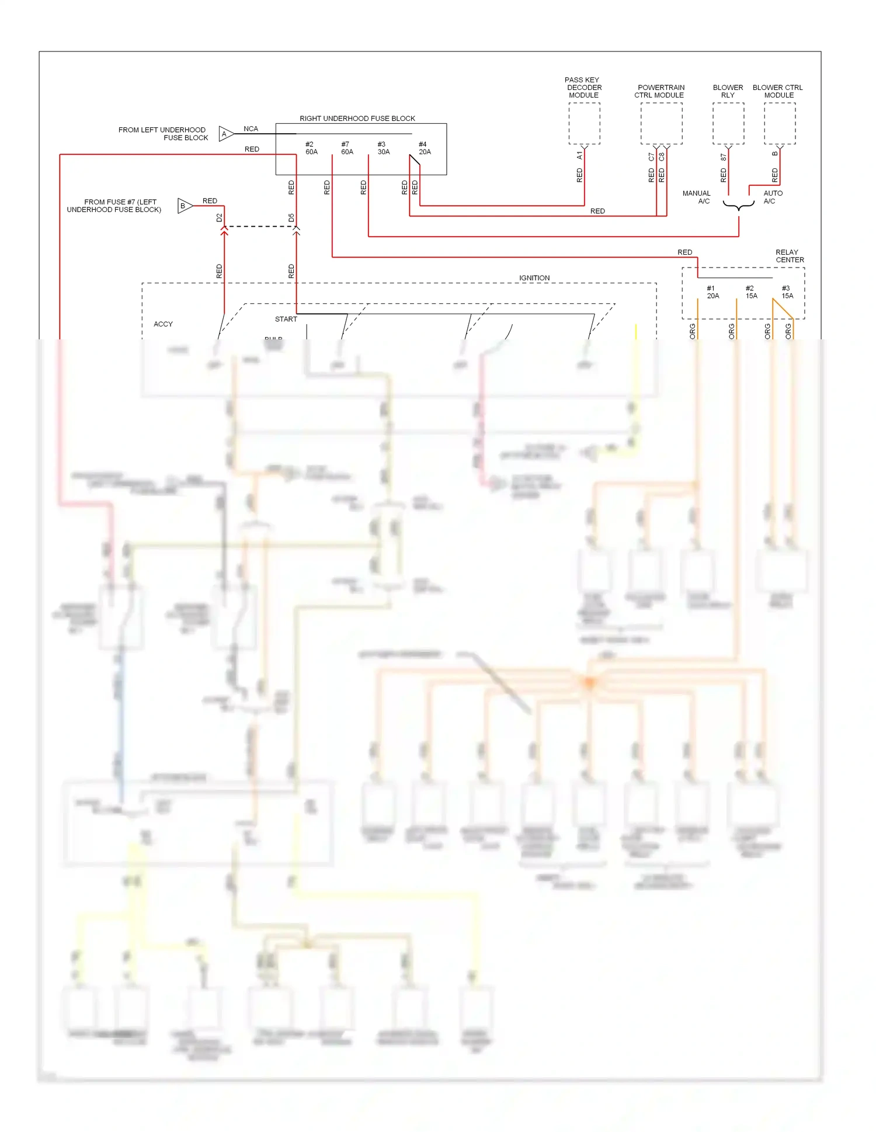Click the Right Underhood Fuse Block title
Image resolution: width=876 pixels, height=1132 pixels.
pyautogui.click(x=357, y=119)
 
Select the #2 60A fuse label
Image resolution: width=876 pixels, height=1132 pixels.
pyautogui.click(x=311, y=148)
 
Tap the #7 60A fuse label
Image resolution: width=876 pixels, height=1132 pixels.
pyautogui.click(x=347, y=148)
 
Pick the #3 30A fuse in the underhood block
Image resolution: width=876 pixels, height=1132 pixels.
pyautogui.click(x=383, y=148)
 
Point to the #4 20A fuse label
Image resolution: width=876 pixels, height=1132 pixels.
pyautogui.click(x=425, y=148)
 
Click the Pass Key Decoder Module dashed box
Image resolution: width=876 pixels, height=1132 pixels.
pyautogui.click(x=584, y=124)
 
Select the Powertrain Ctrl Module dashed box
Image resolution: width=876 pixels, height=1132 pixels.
pyautogui.click(x=661, y=124)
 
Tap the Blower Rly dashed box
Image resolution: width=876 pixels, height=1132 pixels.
pyautogui.click(x=728, y=124)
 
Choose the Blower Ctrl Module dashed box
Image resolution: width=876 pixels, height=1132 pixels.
pyautogui.click(x=780, y=124)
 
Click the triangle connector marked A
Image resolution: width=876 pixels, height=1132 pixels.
pyautogui.click(x=225, y=134)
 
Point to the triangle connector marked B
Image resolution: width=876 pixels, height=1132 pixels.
pyautogui.click(x=185, y=206)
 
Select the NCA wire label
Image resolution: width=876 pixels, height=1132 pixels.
pyautogui.click(x=251, y=129)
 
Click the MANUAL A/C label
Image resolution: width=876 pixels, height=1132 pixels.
pyautogui.click(x=697, y=197)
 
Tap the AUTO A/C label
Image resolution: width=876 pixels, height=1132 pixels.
pyautogui.click(x=773, y=197)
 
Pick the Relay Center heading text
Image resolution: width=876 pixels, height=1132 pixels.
pyautogui.click(x=789, y=256)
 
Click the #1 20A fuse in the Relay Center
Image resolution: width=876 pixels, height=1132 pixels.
pyautogui.click(x=712, y=292)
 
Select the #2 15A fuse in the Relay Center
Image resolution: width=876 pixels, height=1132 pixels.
pyautogui.click(x=751, y=292)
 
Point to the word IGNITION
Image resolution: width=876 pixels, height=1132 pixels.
pyautogui.click(x=534, y=278)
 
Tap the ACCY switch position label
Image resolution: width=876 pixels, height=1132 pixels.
pyautogui.click(x=163, y=324)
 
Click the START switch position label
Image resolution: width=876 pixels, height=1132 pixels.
pyautogui.click(x=286, y=320)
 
